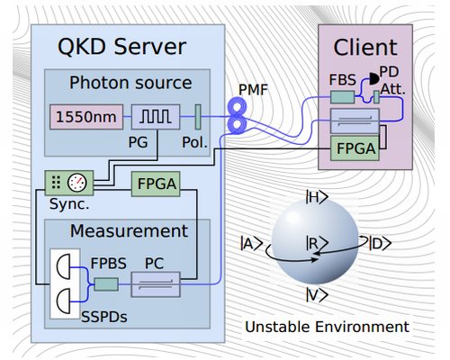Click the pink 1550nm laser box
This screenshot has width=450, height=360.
coord(86,117)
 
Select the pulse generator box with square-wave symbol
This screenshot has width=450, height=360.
coord(156,117)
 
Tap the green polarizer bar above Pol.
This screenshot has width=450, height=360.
coord(198,117)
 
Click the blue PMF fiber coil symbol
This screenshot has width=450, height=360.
coord(237,115)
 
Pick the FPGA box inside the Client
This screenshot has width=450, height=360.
coord(355,148)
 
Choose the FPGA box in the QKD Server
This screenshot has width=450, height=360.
coord(156,184)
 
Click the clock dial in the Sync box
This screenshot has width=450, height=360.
coord(77,183)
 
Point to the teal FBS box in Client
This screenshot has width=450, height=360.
coord(342,97)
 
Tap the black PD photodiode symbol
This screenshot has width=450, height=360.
coord(373,79)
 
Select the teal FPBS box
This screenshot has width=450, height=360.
coord(106,284)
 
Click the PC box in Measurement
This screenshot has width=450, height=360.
coord(156,284)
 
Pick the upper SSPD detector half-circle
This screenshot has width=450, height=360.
coord(64,266)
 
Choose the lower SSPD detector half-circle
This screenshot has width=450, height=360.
coord(64,301)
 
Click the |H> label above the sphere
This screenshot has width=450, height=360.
coord(317,198)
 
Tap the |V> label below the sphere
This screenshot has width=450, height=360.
coord(317,295)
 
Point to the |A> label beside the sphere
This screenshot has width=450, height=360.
coord(251,243)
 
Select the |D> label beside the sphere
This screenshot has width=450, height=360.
coord(380,243)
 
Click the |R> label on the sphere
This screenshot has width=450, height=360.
coord(317,243)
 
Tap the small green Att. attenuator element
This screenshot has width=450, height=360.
coord(376,97)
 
